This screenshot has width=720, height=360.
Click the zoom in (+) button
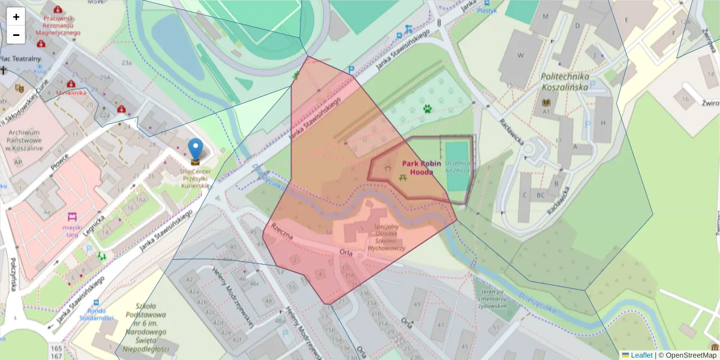pos(16,17)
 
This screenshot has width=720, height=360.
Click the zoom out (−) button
pos(16,35)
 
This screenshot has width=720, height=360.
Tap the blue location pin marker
pos(196,150)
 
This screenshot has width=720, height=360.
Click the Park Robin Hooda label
pos(421,167)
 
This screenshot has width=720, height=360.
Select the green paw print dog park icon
pos(427,109)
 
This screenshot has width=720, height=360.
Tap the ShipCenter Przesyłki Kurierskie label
pos(196,178)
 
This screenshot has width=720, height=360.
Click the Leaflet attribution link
pos(641,355)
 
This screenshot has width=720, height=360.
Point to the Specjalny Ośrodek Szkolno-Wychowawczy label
pos(386,238)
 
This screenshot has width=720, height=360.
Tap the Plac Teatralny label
pos(20,59)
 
